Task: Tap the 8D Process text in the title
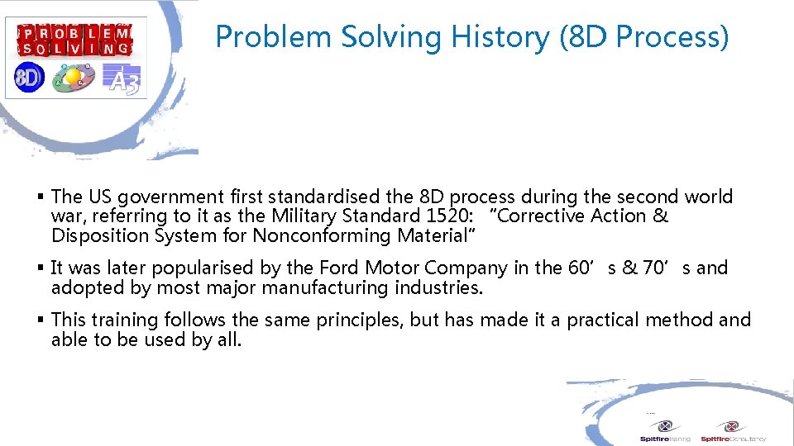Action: click(645, 36)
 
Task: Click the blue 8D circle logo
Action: click(28, 78)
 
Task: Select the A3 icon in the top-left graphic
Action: click(122, 78)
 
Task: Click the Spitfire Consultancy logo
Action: click(733, 430)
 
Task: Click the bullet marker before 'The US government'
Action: click(41, 197)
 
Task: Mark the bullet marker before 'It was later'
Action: click(41, 268)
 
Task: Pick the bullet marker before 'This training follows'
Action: click(41, 320)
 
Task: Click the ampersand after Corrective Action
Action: click(660, 216)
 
